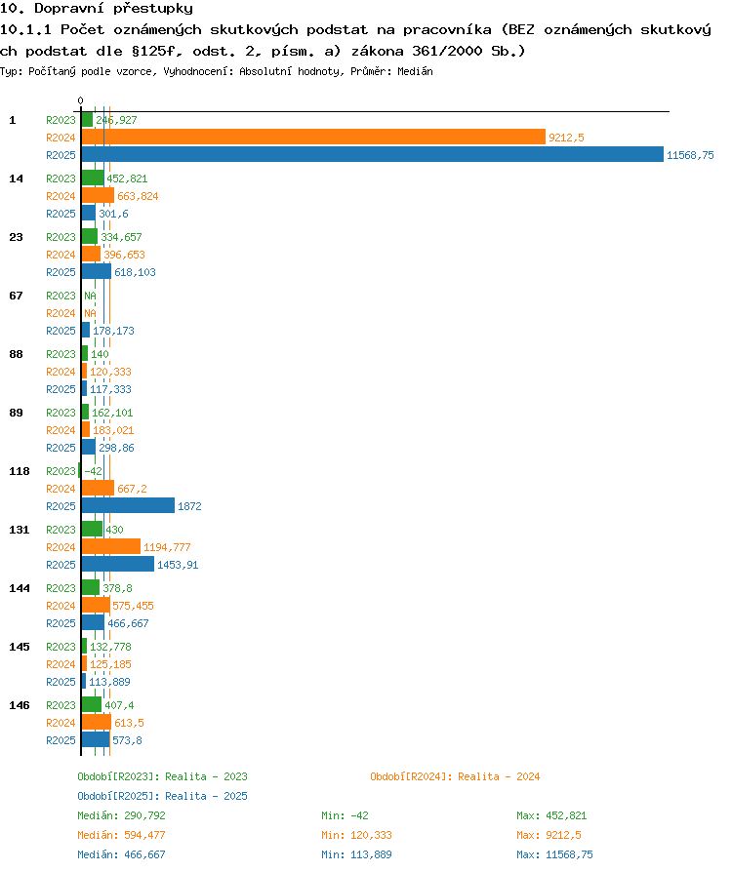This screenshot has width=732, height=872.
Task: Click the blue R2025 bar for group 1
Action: (373, 155)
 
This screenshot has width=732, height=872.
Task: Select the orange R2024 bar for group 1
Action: (313, 137)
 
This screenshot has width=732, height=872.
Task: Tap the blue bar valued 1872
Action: (128, 505)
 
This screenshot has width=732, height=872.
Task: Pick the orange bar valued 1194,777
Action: (110, 546)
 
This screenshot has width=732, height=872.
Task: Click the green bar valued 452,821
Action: (93, 178)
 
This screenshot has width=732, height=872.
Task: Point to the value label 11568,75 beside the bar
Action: (690, 155)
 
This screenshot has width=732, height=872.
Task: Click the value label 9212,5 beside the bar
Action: (566, 138)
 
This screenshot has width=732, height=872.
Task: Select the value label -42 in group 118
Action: (93, 471)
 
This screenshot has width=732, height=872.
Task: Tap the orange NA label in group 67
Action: (90, 313)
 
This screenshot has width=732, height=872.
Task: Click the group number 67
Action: (17, 296)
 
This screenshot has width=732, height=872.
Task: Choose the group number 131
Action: (19, 530)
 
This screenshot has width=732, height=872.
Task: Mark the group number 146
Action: (19, 705)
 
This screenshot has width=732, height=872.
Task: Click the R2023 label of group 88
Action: (61, 354)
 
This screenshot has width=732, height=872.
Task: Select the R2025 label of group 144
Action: (61, 623)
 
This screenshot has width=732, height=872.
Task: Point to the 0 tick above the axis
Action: (81, 100)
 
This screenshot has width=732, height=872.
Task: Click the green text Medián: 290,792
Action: (121, 815)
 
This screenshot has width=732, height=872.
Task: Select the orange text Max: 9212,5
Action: (549, 835)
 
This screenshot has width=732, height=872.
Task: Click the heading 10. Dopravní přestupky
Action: (97, 9)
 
